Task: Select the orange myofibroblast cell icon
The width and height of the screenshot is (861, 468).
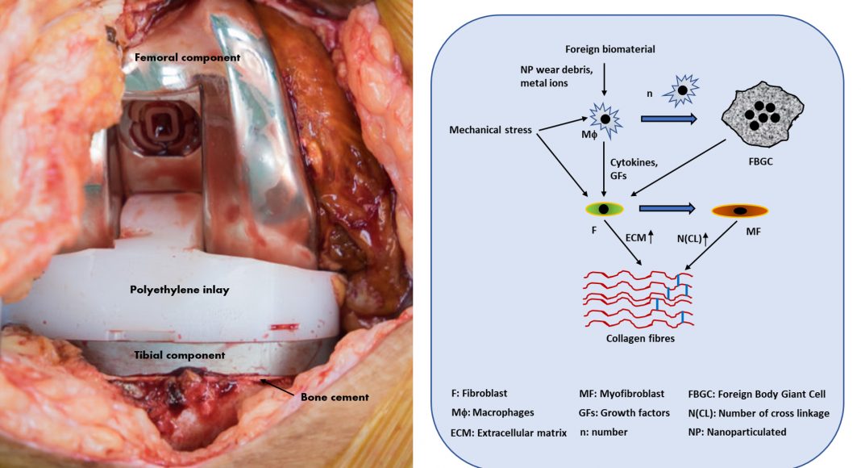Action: [x=739, y=211]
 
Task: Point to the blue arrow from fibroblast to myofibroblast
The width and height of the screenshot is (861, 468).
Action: [x=668, y=209]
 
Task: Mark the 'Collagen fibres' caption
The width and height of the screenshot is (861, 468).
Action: [x=640, y=339]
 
